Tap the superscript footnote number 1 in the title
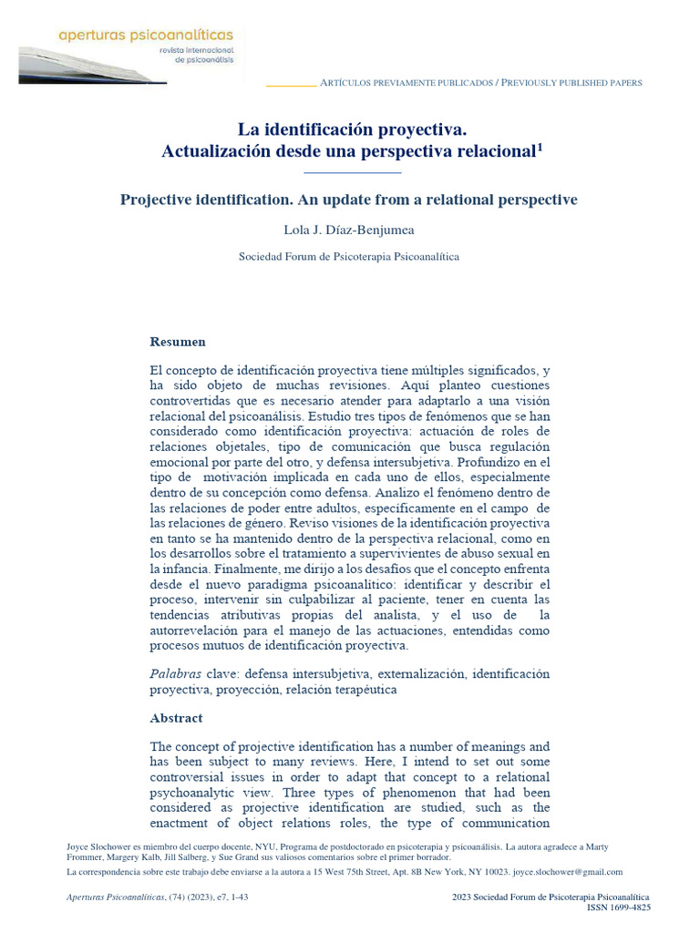540,146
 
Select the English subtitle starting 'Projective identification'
349,200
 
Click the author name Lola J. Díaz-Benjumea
349,230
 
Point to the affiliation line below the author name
349,257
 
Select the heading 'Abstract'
176,718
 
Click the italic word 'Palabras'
176,673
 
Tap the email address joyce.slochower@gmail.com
569,872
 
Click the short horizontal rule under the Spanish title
351,171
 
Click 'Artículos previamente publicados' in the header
406,83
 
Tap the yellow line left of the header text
290,86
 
